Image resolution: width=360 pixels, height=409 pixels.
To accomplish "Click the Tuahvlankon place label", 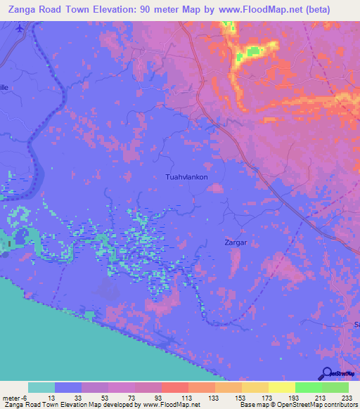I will coord(186,177).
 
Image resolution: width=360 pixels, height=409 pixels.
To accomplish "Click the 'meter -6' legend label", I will coord(16,397).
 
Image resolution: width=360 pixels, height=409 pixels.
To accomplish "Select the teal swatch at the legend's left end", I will coord(41,387).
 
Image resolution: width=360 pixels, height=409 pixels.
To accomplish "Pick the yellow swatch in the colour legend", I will coord(281,387).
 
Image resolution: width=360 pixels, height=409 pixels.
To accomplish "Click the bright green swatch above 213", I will coord(308,387).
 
